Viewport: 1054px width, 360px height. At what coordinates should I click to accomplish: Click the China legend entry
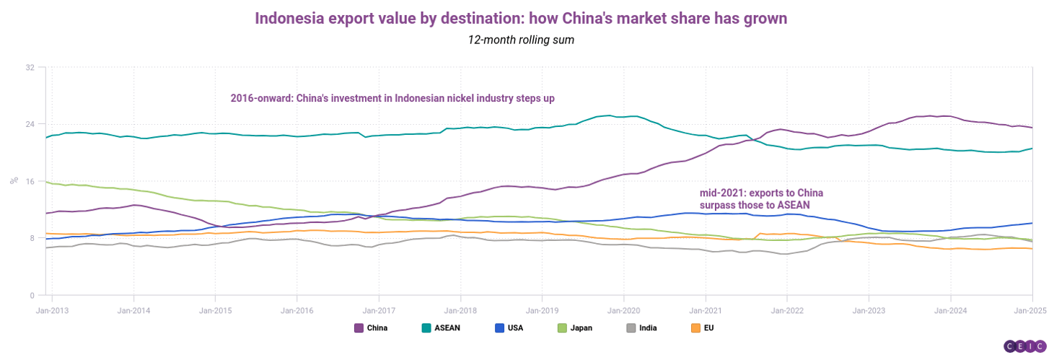click(371, 328)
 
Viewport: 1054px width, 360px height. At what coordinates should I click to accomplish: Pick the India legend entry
click(645, 328)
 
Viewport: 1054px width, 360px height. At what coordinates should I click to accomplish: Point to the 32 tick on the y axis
click(30, 68)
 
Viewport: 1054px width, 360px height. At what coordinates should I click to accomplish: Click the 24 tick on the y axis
click(30, 124)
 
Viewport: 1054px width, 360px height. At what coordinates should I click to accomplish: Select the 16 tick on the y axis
click(30, 181)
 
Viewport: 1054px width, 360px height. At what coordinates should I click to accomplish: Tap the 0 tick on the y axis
click(32, 295)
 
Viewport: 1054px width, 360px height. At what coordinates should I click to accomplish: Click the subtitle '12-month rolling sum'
click(521, 40)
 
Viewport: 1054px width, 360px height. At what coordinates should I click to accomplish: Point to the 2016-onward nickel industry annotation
click(392, 98)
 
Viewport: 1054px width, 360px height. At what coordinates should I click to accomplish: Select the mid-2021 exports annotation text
click(761, 199)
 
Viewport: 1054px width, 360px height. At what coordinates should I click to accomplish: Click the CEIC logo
click(1024, 346)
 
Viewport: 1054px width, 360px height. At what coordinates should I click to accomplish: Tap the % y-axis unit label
click(13, 181)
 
